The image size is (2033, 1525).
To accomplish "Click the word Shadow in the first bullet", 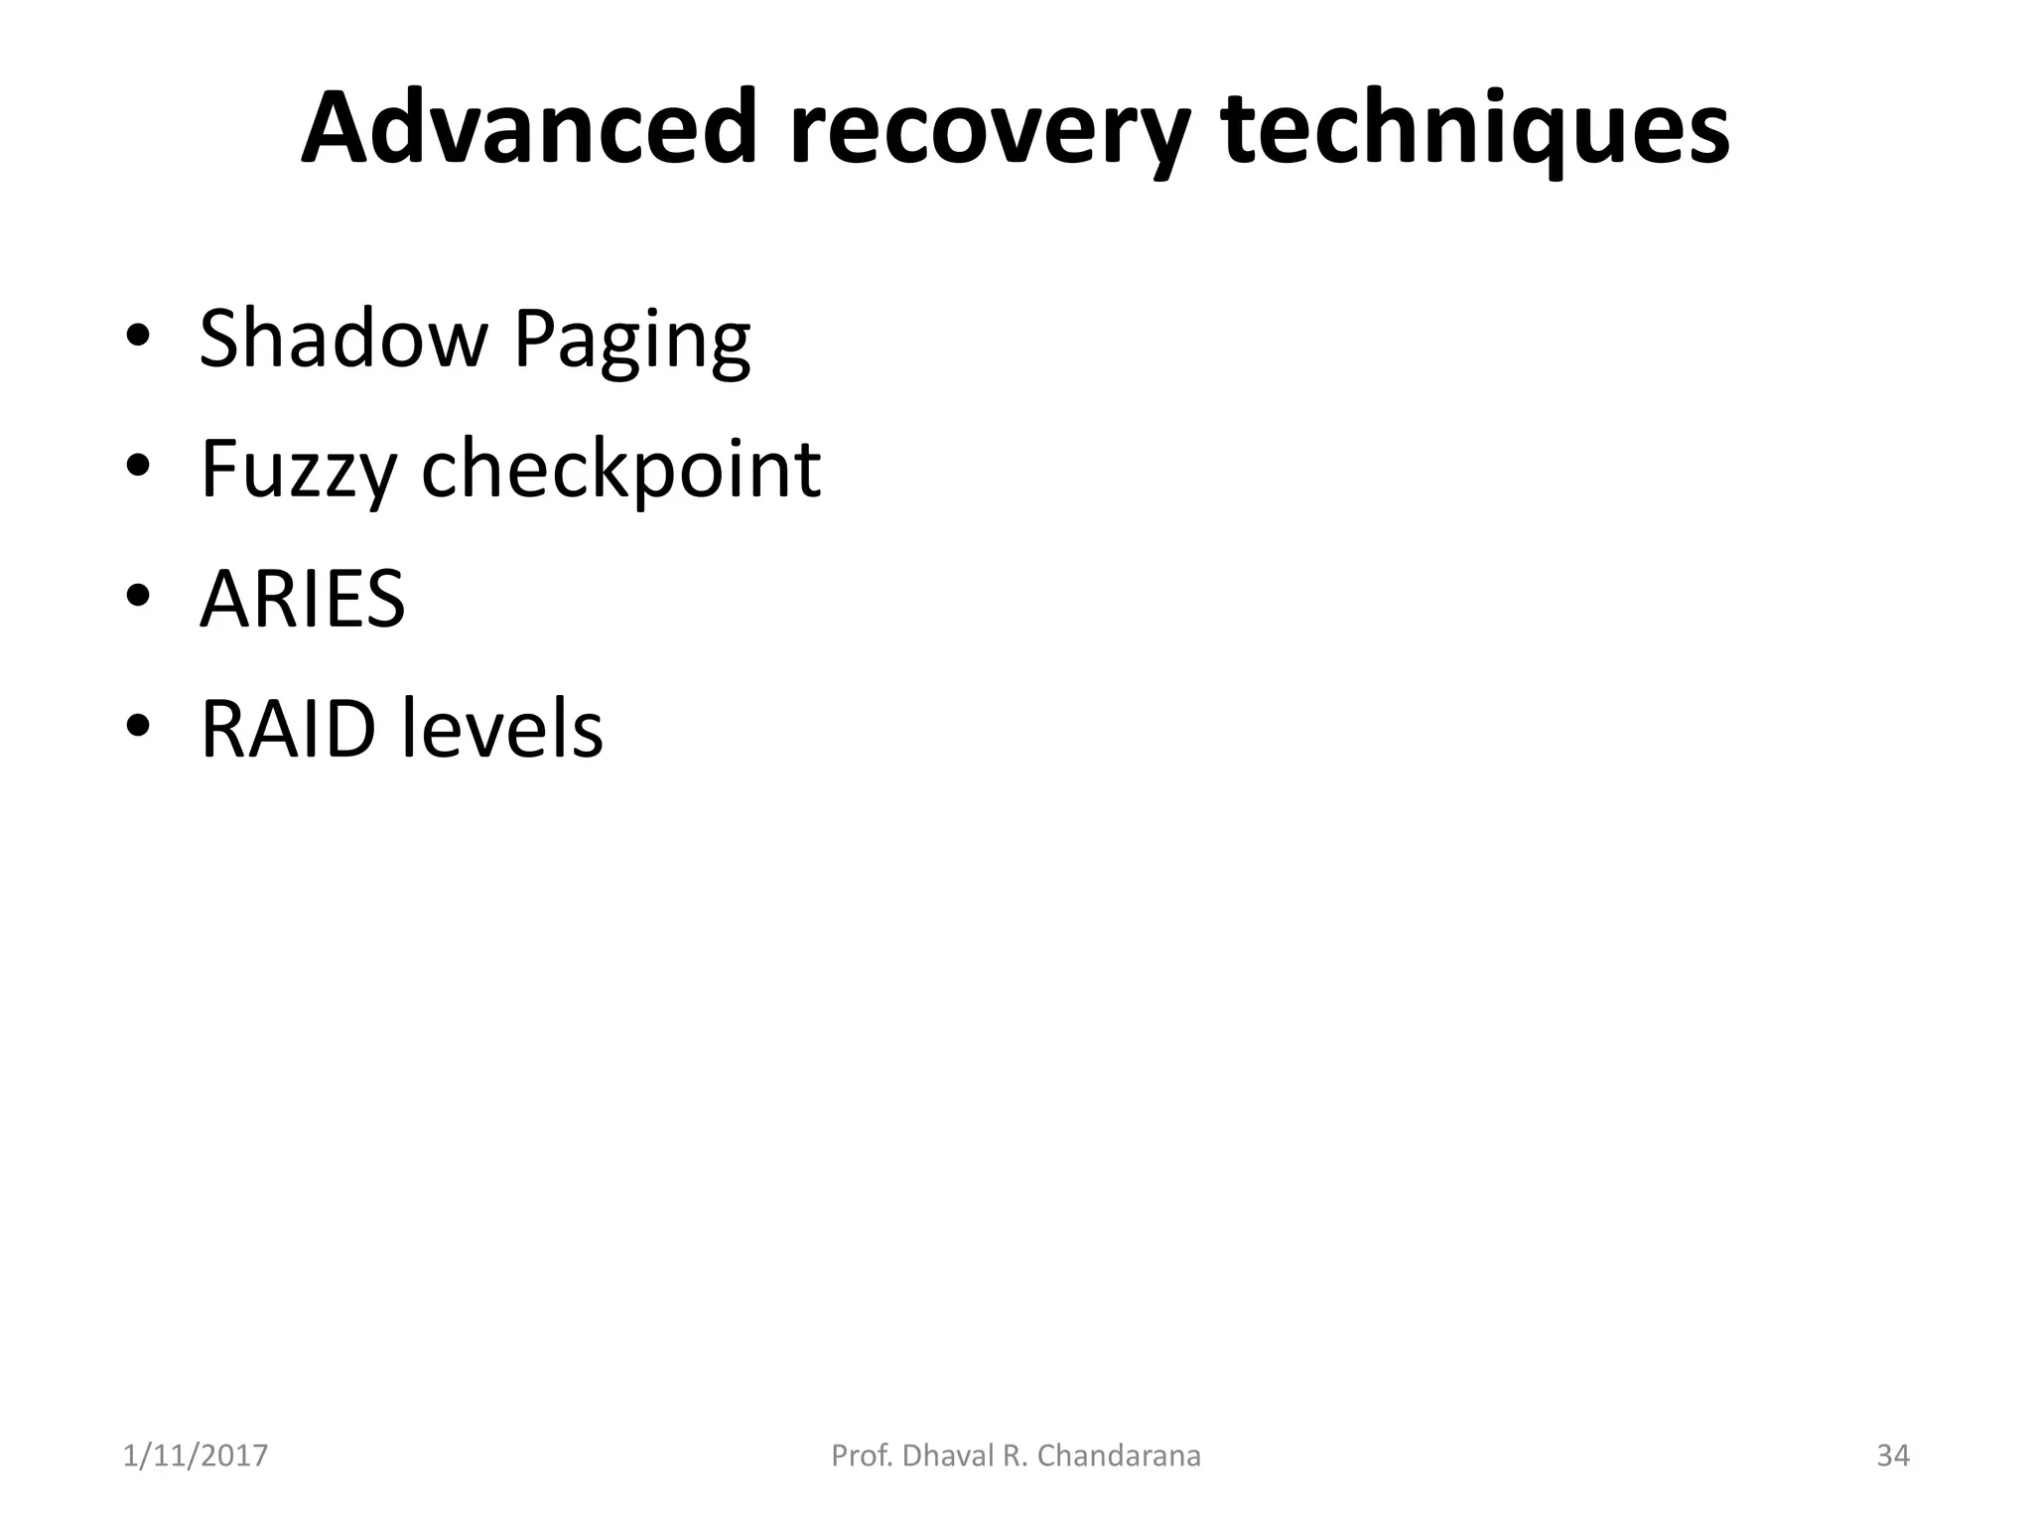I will (x=343, y=339).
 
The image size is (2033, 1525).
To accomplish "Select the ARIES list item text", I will (x=303, y=599).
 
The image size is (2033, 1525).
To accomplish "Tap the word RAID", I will (x=289, y=730).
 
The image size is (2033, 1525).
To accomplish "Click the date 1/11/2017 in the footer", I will (x=196, y=1456).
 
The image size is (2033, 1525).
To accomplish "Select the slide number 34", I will (x=1893, y=1456).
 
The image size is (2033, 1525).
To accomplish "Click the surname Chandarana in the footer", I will (x=1119, y=1456).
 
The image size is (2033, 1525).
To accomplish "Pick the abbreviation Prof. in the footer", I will (x=862, y=1456).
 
